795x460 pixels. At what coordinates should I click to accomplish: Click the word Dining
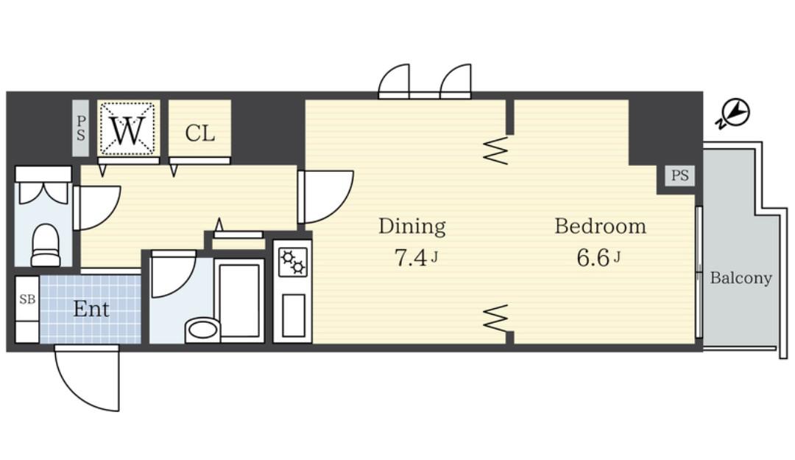[411, 226]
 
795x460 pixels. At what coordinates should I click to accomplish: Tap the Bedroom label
[601, 226]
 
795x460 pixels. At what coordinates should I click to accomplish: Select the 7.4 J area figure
[416, 258]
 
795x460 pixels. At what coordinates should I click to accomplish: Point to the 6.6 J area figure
[598, 258]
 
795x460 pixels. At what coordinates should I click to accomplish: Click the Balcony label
[741, 278]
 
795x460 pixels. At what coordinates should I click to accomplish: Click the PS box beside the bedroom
[680, 175]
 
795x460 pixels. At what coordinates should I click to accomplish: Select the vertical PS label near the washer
[81, 128]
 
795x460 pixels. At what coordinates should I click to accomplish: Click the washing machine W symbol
[128, 129]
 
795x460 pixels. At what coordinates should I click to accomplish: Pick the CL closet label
[199, 133]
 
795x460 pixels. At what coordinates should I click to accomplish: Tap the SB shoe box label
[27, 299]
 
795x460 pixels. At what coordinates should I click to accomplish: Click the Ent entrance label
[91, 309]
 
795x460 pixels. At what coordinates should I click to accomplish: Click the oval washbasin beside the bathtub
[202, 329]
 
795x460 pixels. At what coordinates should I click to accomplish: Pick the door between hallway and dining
[325, 197]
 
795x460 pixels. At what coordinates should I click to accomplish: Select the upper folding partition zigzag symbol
[496, 150]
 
